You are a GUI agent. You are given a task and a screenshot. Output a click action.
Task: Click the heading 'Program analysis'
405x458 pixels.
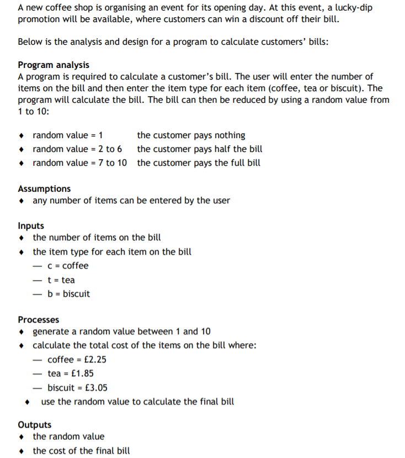point(54,65)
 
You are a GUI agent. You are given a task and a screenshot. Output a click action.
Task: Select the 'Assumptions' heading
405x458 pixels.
point(44,188)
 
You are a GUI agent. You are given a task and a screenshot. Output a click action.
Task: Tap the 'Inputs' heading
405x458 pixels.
point(31,226)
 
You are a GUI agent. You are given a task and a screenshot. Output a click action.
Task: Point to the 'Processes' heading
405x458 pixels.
point(39,320)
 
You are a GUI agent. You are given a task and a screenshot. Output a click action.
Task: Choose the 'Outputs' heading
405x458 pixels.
point(34,425)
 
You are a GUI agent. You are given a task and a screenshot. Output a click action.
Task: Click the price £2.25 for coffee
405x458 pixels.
point(93,360)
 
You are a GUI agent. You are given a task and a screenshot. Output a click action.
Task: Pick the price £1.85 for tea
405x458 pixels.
point(87,373)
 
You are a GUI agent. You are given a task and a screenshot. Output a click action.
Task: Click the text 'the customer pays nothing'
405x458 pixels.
point(191,135)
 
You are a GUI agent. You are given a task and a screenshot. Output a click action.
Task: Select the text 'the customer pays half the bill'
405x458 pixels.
point(200,149)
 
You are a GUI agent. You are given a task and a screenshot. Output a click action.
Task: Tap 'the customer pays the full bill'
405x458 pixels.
point(199,163)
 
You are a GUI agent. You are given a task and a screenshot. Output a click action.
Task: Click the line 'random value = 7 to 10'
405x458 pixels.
point(79,163)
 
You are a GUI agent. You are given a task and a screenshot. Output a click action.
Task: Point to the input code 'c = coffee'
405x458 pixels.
point(68,266)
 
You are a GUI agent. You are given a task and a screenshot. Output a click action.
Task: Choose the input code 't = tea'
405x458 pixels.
point(61,280)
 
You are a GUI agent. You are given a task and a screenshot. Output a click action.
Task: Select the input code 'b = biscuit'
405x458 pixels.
point(68,294)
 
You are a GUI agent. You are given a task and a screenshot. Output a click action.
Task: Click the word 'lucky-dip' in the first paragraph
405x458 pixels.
point(367,8)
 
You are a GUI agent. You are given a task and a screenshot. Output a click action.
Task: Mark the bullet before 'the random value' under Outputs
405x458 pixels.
point(21,437)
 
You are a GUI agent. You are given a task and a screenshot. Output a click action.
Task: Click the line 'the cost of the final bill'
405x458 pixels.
point(81,451)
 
